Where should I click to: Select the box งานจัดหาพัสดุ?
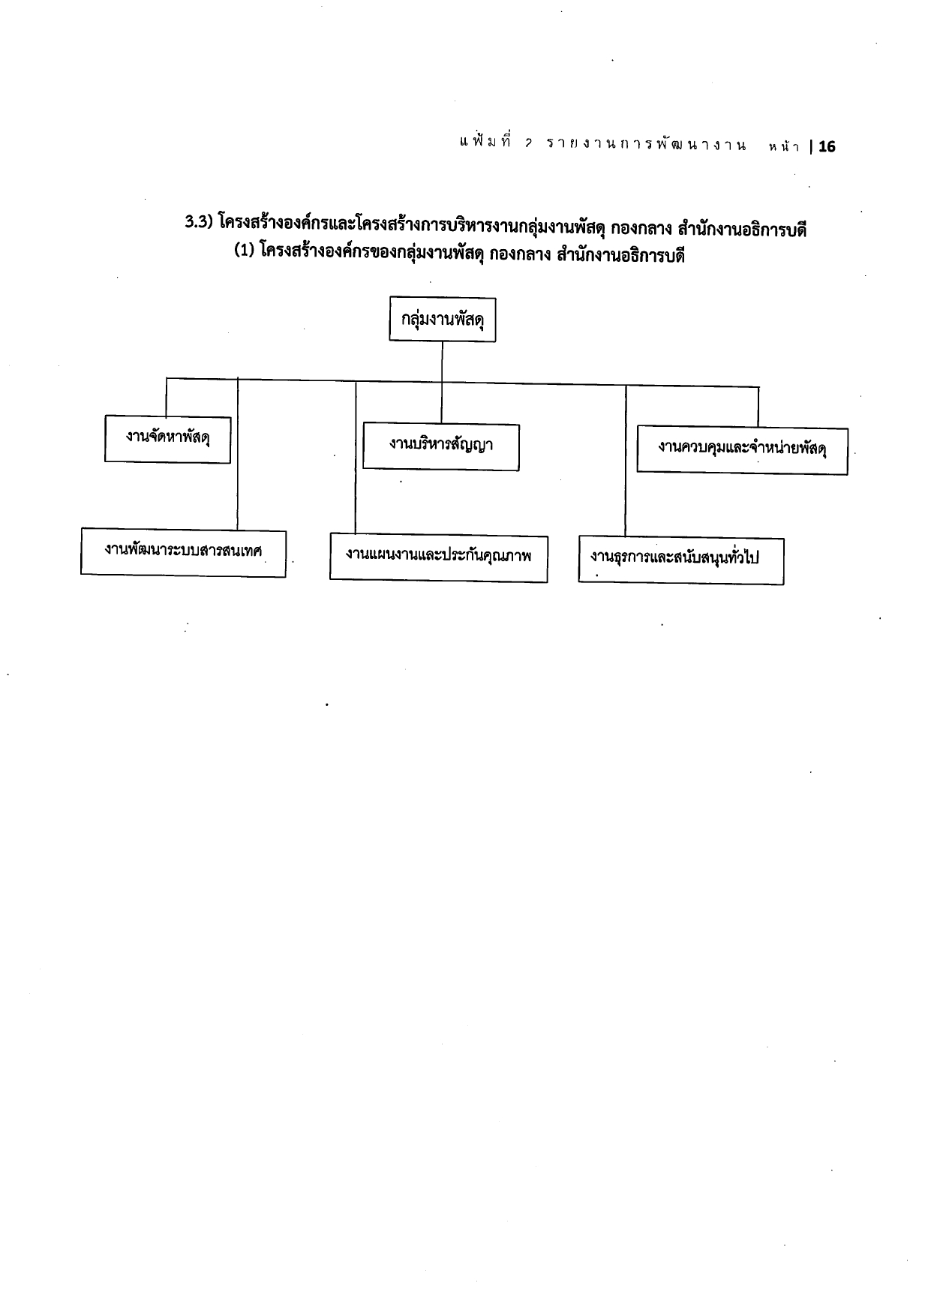pyautogui.click(x=167, y=438)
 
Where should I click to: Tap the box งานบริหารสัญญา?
pyautogui.click(x=441, y=446)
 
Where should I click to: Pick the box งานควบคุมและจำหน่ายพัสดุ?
pyautogui.click(x=742, y=450)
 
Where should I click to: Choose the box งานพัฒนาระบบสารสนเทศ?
pyautogui.click(x=183, y=551)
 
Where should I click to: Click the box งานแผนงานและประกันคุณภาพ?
pyautogui.click(x=438, y=557)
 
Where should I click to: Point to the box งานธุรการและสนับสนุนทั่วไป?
pyautogui.click(x=681, y=560)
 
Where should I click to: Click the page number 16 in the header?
pyautogui.click(x=827, y=147)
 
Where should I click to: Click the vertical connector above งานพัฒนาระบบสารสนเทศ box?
pyautogui.click(x=238, y=453)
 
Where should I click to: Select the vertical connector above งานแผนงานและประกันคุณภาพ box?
pyautogui.click(x=356, y=458)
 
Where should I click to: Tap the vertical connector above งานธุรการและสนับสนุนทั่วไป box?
pyautogui.click(x=626, y=461)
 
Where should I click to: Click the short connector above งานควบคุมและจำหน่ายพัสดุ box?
pyautogui.click(x=758, y=407)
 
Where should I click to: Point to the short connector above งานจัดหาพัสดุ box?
pyautogui.click(x=167, y=396)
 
